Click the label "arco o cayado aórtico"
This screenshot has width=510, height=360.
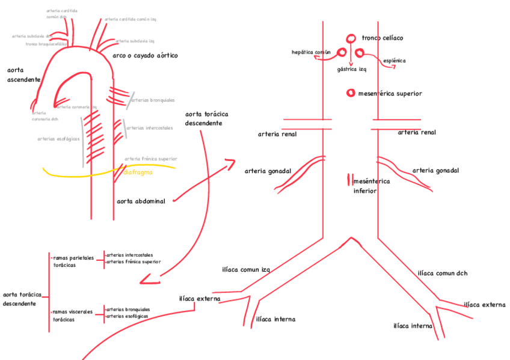click(145, 56)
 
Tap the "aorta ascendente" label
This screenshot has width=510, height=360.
click(23, 75)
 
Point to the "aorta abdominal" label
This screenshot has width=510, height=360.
click(141, 201)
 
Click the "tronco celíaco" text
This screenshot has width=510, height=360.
click(382, 38)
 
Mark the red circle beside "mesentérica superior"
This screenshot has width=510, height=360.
click(350, 93)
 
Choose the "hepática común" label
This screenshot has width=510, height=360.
click(311, 52)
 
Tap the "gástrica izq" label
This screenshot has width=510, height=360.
click(351, 69)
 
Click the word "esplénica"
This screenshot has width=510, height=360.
click(394, 61)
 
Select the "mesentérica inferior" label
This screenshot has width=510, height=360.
click(371, 186)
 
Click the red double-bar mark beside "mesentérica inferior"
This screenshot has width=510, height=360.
click(348, 180)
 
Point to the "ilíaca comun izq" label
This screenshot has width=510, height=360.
click(246, 270)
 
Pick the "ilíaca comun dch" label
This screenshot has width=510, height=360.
click(442, 273)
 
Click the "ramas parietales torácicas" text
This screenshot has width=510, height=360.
click(72, 261)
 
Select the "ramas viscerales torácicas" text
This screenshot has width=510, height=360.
click(72, 316)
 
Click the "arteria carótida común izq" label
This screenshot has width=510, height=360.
click(130, 19)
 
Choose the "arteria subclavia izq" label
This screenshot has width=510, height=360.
click(135, 41)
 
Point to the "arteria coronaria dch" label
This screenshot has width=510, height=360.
click(45, 116)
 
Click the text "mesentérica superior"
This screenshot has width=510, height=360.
click(390, 94)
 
